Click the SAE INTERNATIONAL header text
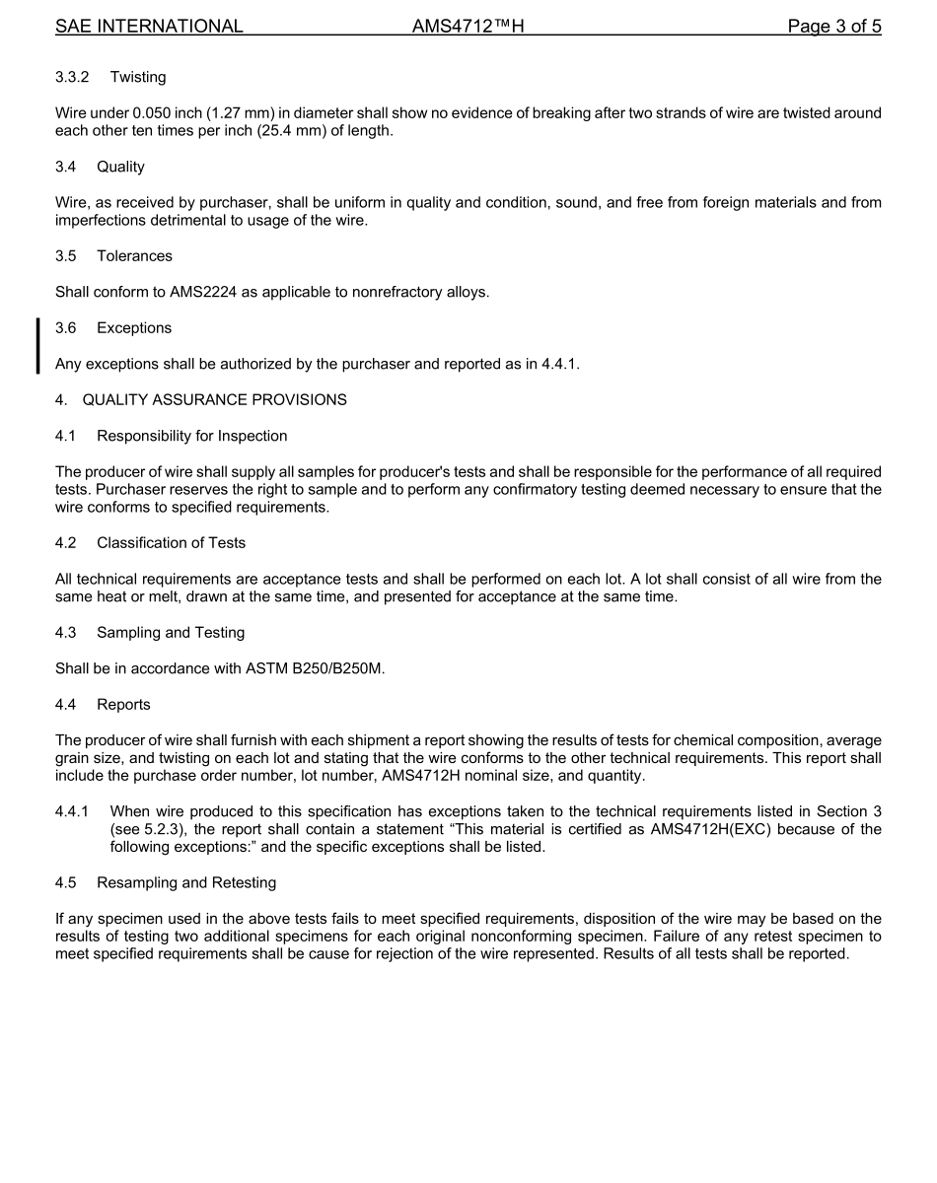149,27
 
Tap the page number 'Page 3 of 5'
833,27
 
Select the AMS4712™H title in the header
468,27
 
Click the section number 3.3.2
72,77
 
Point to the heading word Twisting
138,77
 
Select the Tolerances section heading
134,256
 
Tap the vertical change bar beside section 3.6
37,346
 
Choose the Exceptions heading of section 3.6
134,328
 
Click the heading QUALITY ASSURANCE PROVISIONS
214,400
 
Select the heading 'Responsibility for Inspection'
192,437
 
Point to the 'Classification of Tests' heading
172,543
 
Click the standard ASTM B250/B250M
313,669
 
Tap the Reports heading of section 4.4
123,705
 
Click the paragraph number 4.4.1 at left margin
72,811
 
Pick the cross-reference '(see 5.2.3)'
149,829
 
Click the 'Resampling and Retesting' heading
186,883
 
